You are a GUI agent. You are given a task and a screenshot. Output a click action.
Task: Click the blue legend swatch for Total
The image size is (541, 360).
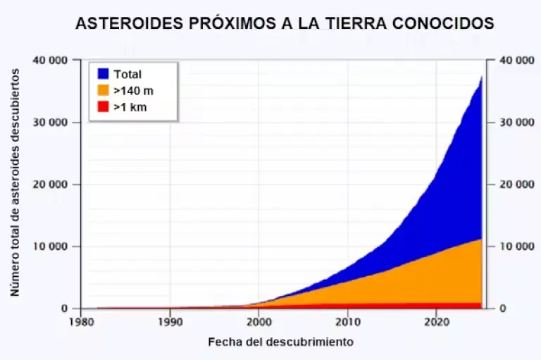103,74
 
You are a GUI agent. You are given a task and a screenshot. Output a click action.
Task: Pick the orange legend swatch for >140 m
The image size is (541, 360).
103,91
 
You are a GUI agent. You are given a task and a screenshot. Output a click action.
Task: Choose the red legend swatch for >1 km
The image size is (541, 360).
103,107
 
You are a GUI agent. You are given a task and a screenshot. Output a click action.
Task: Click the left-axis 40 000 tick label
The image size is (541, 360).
51,61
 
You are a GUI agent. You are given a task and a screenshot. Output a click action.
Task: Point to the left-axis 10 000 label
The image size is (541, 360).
51,247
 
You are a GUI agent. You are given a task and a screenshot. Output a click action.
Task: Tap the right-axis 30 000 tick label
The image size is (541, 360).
516,123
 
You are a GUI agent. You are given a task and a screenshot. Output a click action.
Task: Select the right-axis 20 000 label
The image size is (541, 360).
516,185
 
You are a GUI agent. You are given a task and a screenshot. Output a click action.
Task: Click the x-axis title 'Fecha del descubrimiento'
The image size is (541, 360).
280,342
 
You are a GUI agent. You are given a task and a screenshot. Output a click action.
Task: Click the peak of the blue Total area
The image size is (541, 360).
481,77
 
